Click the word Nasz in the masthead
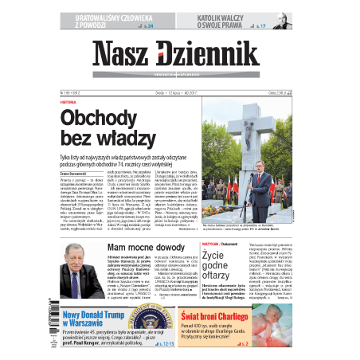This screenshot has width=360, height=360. click(x=123, y=55)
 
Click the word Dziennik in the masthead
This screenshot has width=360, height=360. click(x=209, y=55)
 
